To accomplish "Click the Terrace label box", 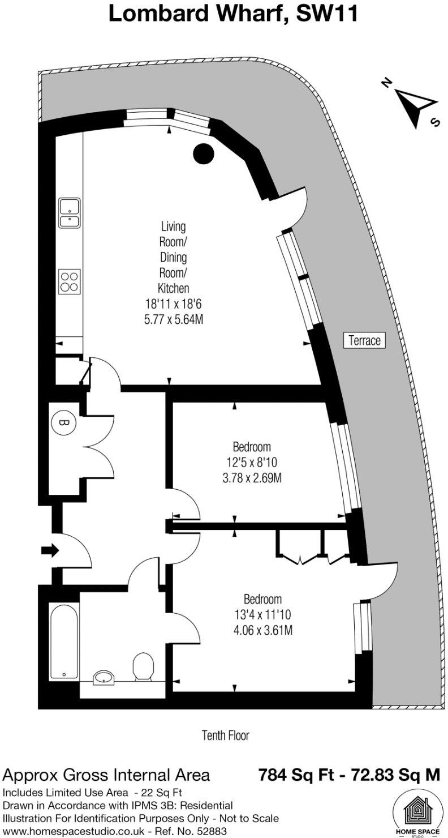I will click(x=365, y=340).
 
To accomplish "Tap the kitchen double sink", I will click(x=70, y=212).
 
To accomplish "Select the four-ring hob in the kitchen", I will click(x=69, y=281).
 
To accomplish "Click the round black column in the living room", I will click(x=203, y=152).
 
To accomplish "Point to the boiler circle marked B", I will click(x=63, y=422).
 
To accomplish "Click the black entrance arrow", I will click(x=50, y=550).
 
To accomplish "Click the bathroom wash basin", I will click(x=103, y=676).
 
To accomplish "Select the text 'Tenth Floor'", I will click(x=225, y=736).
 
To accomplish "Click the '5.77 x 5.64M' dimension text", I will click(x=173, y=319).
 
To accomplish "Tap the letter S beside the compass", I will click(x=435, y=122).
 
